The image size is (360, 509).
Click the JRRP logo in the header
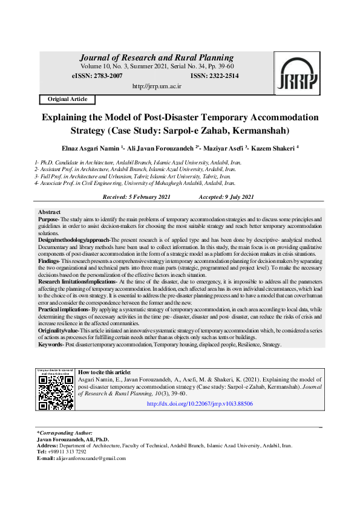tap(296, 74)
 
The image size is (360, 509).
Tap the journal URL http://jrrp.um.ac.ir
tap(157, 86)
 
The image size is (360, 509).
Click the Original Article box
tap(67, 99)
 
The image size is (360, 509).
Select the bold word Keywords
tap(51, 344)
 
